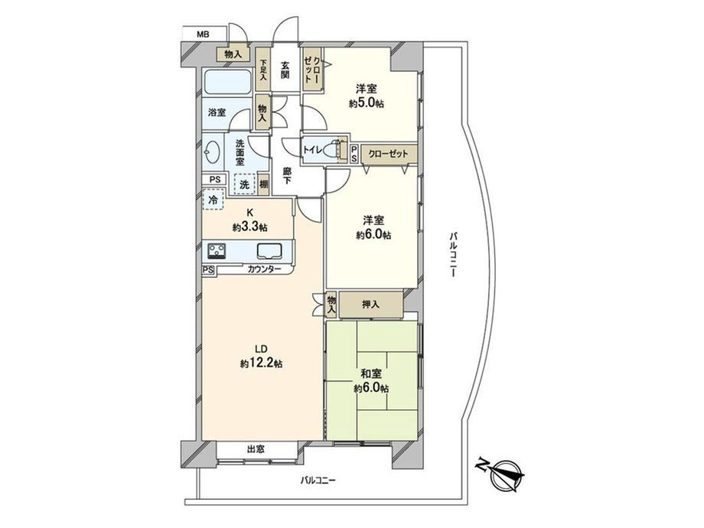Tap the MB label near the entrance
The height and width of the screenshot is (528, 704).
coord(203,34)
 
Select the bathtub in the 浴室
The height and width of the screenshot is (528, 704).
coord(227,82)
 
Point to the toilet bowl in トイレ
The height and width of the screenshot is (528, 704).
coord(331,149)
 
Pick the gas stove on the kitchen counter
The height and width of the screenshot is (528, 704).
coord(217,250)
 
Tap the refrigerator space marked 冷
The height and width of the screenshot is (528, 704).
coord(213,200)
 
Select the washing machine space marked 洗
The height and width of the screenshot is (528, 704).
coord(244,184)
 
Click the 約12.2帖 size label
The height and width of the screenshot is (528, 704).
coord(261,364)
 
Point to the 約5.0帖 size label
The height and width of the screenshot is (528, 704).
coord(367,104)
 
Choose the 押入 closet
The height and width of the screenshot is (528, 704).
coord(371,305)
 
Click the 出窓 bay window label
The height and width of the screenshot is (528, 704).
coord(256,449)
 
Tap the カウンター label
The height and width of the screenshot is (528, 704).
coord(265,269)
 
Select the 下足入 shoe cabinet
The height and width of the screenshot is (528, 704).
coord(263,70)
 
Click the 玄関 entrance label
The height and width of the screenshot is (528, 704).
coord(285,70)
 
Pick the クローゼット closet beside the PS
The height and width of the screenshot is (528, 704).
coord(389,154)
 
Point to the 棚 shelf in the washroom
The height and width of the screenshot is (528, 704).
coord(264,184)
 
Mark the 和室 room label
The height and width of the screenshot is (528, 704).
coord(371,374)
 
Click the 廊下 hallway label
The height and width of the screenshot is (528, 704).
coord(286,175)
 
